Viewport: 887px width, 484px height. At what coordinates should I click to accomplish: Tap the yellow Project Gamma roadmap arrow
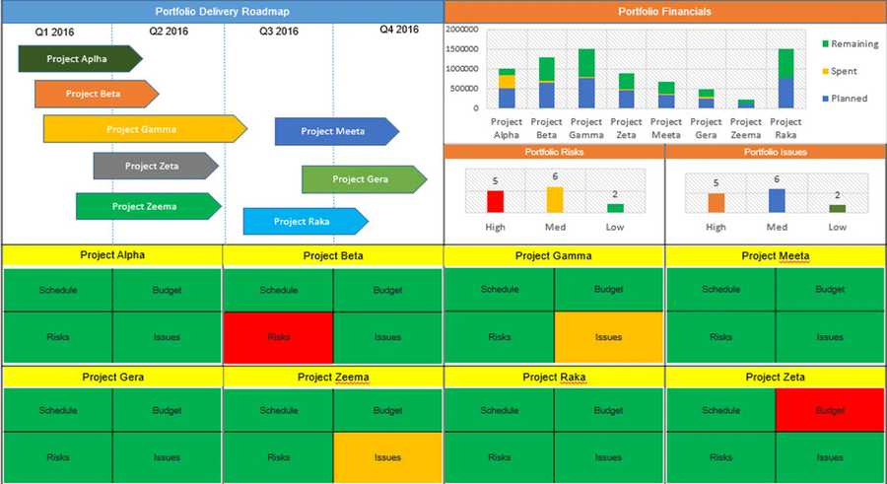point(144,129)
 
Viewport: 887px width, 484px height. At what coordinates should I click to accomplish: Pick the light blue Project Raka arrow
point(301,222)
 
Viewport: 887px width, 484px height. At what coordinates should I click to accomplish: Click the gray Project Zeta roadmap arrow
point(154,166)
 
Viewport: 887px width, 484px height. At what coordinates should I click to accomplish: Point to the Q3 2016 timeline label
point(279,32)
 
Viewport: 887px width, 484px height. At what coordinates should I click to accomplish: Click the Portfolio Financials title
point(664,12)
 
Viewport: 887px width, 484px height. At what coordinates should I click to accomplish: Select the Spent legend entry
point(843,71)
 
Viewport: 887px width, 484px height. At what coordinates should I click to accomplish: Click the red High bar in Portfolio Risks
point(495,201)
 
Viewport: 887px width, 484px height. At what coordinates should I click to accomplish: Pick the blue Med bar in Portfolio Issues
point(777,200)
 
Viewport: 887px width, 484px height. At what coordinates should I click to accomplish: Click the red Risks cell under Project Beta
point(278,337)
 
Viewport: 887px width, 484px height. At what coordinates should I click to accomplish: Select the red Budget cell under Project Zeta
point(830,409)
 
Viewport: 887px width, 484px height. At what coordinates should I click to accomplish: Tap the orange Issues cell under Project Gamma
point(609,337)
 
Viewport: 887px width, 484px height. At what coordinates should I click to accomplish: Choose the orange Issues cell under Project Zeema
point(387,457)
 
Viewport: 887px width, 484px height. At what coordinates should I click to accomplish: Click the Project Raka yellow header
point(554,377)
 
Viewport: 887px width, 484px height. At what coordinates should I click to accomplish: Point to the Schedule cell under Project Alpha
point(58,290)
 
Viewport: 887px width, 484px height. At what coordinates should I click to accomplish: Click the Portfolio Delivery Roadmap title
point(222,12)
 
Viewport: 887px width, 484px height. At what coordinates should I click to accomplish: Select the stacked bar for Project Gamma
point(586,78)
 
